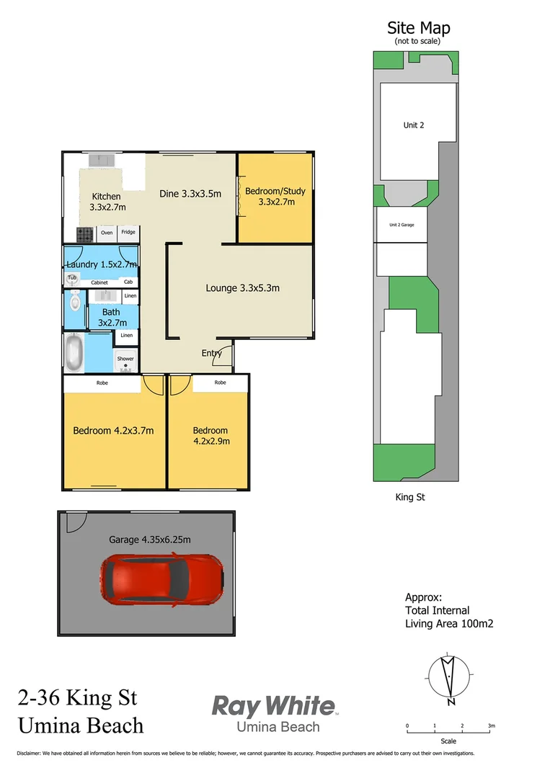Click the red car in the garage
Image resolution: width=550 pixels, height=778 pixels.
tap(161, 582)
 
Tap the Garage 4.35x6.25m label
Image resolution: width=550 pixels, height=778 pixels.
tap(149, 539)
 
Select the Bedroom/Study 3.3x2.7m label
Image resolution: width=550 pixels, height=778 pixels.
tap(275, 197)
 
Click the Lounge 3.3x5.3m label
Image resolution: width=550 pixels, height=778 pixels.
tap(242, 288)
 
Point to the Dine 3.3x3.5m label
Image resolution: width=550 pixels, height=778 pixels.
tap(190, 193)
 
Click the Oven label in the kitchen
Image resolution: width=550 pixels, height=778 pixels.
tap(107, 233)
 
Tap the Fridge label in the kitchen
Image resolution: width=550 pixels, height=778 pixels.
tap(128, 233)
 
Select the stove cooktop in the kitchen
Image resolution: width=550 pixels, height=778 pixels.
tap(85, 233)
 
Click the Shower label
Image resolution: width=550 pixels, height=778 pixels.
tap(125, 359)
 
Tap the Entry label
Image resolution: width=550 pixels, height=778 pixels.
tap(211, 353)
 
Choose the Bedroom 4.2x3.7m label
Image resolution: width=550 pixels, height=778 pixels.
tap(113, 431)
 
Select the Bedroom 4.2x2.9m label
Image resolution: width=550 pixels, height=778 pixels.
tap(210, 436)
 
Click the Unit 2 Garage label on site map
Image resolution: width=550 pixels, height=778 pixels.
tap(402, 225)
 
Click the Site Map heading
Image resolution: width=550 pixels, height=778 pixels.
tap(418, 28)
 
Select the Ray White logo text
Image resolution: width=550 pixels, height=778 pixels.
tap(273, 705)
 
